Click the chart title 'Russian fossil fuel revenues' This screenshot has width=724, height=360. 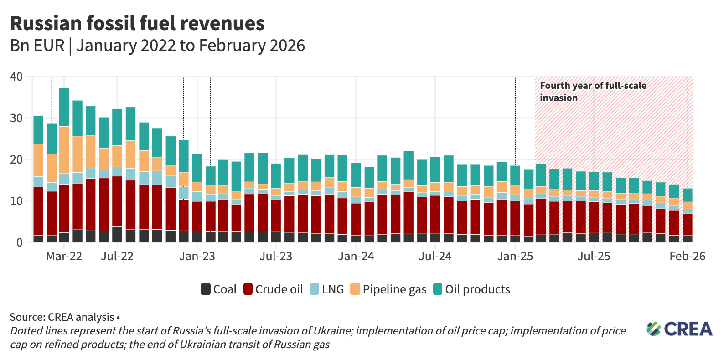click(137, 23)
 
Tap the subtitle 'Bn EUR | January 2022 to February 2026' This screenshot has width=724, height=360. click(157, 46)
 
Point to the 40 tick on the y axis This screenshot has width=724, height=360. click(16, 77)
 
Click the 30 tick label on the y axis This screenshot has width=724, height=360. click(16, 118)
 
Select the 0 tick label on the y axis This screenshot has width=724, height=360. click(19, 243)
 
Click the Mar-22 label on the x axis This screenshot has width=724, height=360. click(64, 256)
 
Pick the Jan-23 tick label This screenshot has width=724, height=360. click(197, 256)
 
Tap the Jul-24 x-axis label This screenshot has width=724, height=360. click(435, 256)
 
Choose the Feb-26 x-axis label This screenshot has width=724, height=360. click(687, 256)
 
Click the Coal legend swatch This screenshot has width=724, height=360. click(206, 289)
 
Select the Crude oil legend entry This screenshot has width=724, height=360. click(274, 289)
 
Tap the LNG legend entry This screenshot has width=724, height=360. click(327, 289)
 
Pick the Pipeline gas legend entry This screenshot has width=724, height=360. click(388, 289)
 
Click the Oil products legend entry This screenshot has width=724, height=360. click(471, 289)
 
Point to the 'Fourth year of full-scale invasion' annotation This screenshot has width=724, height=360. click(593, 92)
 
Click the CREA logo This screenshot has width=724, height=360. click(679, 329)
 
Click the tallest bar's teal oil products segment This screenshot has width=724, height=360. click(64, 107)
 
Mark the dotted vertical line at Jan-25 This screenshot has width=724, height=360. click(515, 123)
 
